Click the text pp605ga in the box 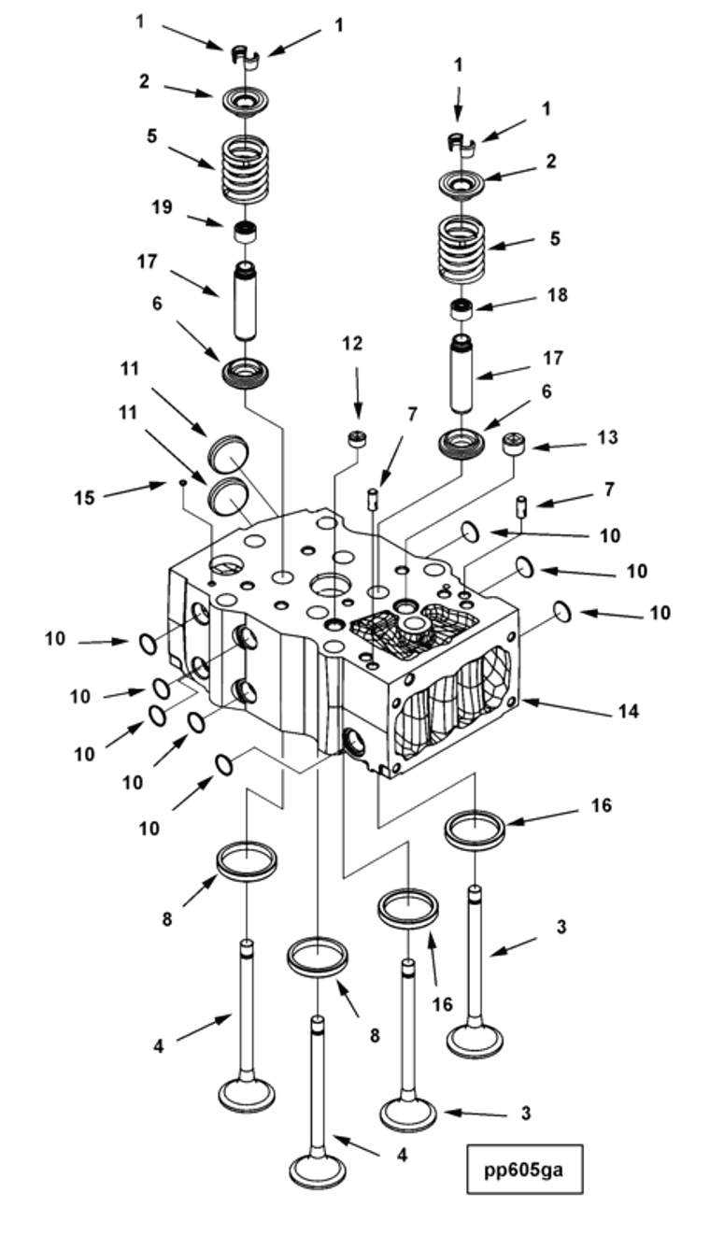[524, 1168]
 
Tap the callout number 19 [162, 207]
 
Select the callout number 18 [558, 295]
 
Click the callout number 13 [606, 438]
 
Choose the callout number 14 [628, 712]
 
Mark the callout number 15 [84, 498]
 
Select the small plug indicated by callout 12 [355, 438]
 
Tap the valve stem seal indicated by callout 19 [244, 231]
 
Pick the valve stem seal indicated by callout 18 [461, 310]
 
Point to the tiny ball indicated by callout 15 [184, 482]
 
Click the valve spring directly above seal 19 [244, 169]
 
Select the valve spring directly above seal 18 [462, 248]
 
